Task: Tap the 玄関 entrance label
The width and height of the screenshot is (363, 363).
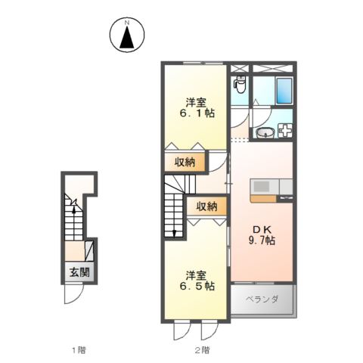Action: coord(79,272)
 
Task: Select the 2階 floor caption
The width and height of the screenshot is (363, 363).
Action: coord(201,349)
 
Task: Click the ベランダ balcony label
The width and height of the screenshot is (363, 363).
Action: coord(262,299)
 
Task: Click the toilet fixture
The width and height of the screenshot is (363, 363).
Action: coord(240,85)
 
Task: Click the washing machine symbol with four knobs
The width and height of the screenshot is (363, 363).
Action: coord(286,131)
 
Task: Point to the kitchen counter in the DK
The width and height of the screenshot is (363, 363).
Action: coord(265,188)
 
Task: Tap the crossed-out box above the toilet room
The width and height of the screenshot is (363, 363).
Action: coord(240,67)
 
